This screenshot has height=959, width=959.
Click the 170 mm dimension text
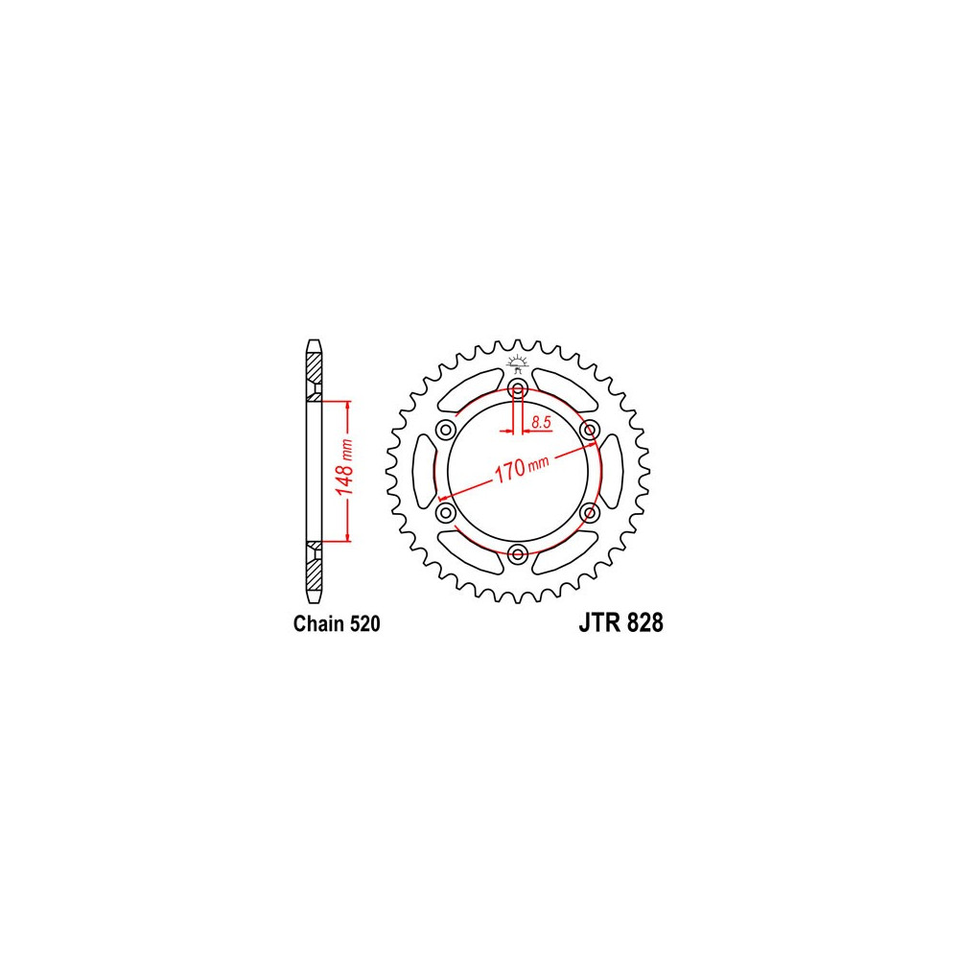(x=521, y=467)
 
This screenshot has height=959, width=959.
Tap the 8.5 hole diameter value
(x=541, y=422)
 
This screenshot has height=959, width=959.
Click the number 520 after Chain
(x=365, y=624)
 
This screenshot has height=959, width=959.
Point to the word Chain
(x=319, y=624)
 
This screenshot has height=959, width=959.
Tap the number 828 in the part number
(x=644, y=622)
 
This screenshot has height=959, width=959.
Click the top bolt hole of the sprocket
(x=518, y=388)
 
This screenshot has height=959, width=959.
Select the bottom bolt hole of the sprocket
(x=518, y=554)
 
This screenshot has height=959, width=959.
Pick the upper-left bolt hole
(x=446, y=430)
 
